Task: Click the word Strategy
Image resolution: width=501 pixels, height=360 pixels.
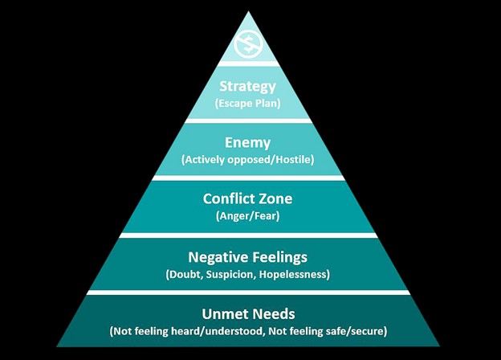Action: click(247, 86)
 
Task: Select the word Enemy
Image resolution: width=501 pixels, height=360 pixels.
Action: click(247, 142)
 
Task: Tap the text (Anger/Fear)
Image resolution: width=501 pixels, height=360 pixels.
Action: click(247, 215)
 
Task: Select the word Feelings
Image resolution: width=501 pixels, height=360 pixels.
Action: click(279, 257)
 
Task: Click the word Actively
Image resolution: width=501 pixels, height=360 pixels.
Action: click(205, 159)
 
